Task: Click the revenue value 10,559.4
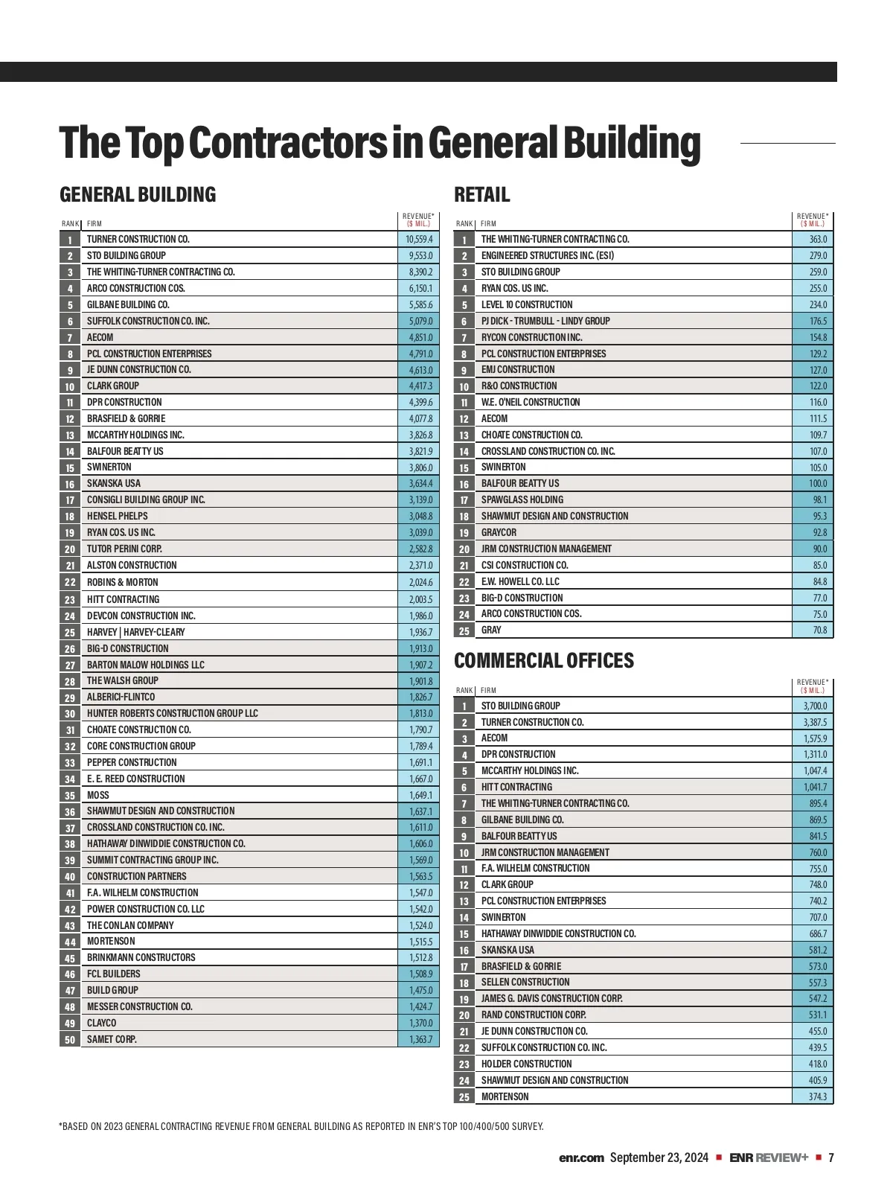tap(419, 240)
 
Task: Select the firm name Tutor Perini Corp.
tap(124, 549)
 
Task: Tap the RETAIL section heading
tap(482, 195)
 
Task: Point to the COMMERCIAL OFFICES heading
tap(544, 661)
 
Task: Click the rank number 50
tap(70, 1040)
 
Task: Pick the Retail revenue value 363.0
tap(818, 240)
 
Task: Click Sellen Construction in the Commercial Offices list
tap(525, 983)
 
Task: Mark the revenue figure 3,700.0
tap(815, 706)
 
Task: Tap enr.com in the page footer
tap(581, 1158)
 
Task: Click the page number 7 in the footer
tap(831, 1158)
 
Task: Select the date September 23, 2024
tap(659, 1158)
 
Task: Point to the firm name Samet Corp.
tap(112, 1039)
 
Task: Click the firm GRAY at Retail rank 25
tap(491, 630)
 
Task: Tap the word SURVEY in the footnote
tap(526, 1126)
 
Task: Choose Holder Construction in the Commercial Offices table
tap(526, 1064)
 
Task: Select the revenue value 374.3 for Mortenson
tap(818, 1096)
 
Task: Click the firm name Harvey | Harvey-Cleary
tap(135, 632)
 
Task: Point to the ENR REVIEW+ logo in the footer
tap(768, 1158)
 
